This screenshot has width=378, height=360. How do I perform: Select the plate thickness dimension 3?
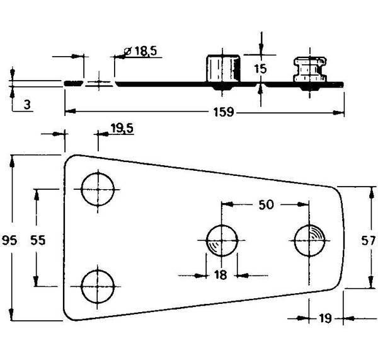[x=27, y=105]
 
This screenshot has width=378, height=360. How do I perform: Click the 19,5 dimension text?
[x=121, y=129]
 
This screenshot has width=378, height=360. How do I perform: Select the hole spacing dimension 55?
[x=38, y=240]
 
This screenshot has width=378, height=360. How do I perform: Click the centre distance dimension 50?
[x=266, y=205]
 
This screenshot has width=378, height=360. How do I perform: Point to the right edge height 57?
[x=369, y=240]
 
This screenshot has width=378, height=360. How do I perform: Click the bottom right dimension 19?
[x=324, y=318]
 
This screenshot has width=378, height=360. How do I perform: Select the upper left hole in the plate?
[x=100, y=189]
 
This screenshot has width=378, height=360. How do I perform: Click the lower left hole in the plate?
[x=99, y=286]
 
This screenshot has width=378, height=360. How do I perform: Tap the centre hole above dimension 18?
[x=222, y=240]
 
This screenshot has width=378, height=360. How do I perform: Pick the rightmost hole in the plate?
[x=310, y=240]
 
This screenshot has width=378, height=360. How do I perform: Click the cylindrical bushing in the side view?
[x=225, y=69]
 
